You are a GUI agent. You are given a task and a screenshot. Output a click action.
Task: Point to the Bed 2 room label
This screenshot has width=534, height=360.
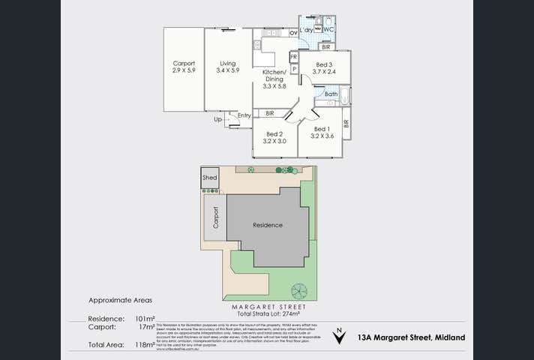274,137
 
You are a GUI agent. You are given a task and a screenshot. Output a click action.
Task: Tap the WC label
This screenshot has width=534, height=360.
328,30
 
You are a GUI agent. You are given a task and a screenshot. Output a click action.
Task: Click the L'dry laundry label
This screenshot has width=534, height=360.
306,30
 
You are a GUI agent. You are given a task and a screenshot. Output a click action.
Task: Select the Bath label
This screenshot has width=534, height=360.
331,94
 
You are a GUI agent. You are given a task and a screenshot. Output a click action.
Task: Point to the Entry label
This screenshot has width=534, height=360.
244,115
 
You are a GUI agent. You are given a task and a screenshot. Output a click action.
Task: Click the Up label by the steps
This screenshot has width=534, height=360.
218,119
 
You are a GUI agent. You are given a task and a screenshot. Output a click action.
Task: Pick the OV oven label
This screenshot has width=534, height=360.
294,34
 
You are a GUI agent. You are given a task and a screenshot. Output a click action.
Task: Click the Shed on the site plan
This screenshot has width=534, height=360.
210,178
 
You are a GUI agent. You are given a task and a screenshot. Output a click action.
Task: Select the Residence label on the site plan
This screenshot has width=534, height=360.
267,225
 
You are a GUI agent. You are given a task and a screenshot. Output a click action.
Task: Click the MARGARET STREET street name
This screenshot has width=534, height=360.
267,307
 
